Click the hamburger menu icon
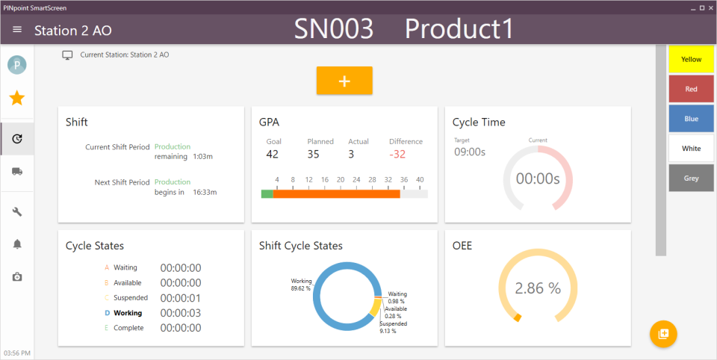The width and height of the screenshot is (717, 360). coord(17,30)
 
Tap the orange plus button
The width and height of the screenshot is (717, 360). coord(344,81)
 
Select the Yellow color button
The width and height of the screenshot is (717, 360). coord(691,59)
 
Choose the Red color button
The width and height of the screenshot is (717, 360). coord(691,89)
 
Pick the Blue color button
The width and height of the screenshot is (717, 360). coord(691,119)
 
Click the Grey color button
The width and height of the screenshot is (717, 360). coord(691,178)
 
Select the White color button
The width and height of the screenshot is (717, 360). coord(691,149)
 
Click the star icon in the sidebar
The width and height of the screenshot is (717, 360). coord(16,98)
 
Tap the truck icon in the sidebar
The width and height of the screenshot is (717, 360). coord(17,171)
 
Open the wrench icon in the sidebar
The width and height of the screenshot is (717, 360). coord(17,212)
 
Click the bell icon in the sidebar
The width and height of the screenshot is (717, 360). coord(17,244)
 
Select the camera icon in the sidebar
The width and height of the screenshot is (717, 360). coord(17,277)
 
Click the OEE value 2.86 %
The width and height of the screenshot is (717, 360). coord(538,288)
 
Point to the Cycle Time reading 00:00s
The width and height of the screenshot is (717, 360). coord(538,179)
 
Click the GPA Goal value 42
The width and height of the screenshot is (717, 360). coord(273,155)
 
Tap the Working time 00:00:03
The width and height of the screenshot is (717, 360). coord(180,313)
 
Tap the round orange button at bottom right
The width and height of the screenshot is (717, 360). coord(662,334)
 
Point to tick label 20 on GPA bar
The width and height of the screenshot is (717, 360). coord(341,180)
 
